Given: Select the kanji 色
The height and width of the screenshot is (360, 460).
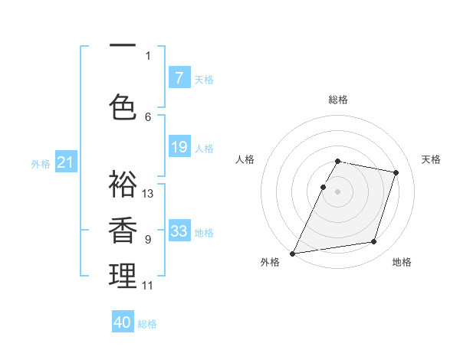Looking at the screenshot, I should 123,106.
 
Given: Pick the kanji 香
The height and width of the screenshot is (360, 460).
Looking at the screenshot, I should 123,231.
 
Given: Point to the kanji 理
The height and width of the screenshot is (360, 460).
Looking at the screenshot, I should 123,276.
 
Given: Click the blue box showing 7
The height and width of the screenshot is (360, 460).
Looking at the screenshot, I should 179,78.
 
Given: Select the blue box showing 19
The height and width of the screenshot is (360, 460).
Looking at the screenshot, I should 179,147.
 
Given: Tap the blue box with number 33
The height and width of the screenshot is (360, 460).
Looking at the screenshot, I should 179,231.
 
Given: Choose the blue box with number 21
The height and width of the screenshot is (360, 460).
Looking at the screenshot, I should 65,162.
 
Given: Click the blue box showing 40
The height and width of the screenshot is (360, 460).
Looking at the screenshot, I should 123,322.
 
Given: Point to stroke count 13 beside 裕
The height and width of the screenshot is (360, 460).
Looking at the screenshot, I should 148,193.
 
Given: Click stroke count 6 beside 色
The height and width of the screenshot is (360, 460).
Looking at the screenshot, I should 148,116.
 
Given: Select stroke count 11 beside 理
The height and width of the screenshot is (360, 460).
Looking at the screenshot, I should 148,286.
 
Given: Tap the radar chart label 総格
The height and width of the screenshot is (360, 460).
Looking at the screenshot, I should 338,100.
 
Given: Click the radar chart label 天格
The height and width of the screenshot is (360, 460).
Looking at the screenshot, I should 432,159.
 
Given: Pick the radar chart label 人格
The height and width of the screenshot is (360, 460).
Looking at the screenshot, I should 245,159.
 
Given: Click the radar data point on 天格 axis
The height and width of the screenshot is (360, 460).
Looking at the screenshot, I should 396,172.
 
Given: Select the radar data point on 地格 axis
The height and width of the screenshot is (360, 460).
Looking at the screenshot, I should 374,242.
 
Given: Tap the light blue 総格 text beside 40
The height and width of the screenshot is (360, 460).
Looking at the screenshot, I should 147,324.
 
